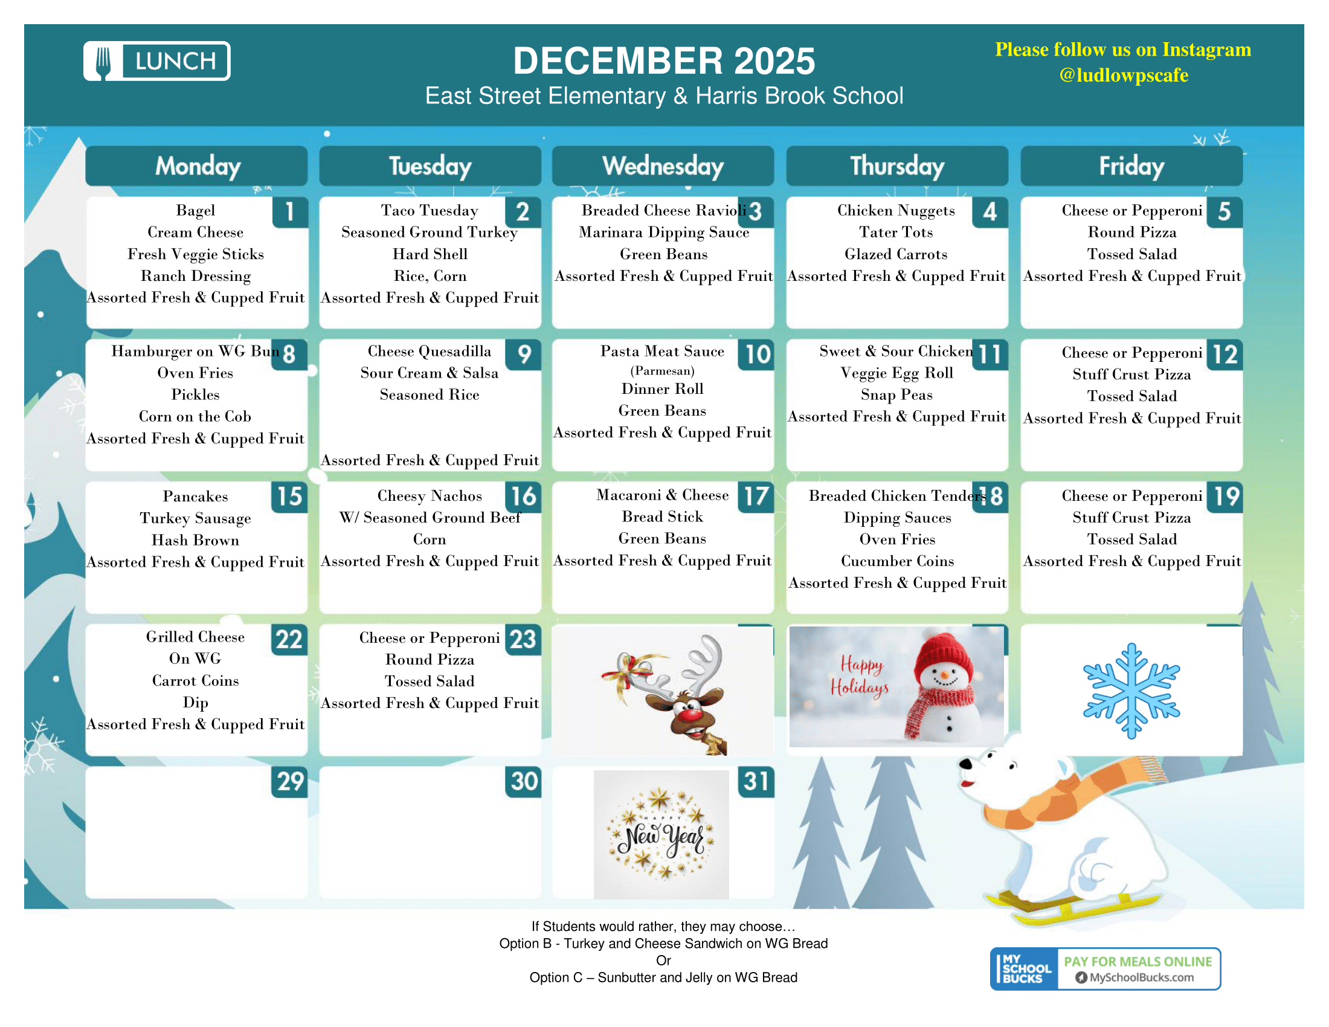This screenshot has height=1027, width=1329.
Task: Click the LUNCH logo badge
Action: (x=156, y=61)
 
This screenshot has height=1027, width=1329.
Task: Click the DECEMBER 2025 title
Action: (x=663, y=61)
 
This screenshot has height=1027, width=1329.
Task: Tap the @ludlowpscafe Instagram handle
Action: (x=1123, y=75)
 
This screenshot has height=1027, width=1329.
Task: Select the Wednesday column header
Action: (x=663, y=166)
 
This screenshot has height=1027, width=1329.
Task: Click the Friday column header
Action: (x=1131, y=166)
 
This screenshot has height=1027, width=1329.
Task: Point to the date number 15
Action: (x=289, y=497)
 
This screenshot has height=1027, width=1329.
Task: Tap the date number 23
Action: (x=523, y=639)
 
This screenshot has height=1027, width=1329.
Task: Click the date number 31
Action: (x=756, y=782)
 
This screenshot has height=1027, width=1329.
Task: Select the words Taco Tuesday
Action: (x=430, y=210)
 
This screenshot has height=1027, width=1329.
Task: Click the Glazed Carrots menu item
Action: (x=896, y=254)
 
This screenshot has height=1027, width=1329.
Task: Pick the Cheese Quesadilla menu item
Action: (x=429, y=352)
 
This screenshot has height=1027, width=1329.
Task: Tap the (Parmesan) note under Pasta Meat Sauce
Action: (x=662, y=371)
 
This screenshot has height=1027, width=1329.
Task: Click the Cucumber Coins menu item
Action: (x=897, y=561)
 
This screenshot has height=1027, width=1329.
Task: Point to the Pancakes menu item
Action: (x=195, y=497)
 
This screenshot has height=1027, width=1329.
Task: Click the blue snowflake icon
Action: (x=1131, y=691)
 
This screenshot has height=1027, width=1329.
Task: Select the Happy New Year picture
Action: (x=661, y=835)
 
